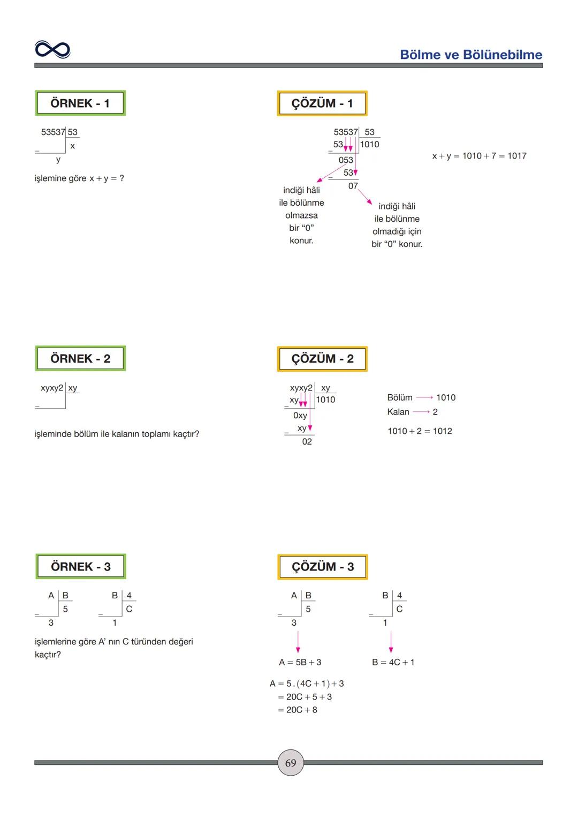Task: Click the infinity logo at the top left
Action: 52,50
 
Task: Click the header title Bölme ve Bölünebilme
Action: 471,55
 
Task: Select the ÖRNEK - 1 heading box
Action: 80,103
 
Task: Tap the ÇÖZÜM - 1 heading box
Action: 322,103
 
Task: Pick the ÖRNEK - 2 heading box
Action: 80,359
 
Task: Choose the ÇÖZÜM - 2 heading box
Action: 322,359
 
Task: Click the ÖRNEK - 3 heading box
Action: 81,567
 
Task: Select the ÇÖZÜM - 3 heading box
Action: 323,567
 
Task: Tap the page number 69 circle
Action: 291,763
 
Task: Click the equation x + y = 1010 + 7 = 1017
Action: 479,156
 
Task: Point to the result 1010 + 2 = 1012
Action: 420,431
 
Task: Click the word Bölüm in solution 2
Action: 400,397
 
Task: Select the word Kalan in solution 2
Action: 398,412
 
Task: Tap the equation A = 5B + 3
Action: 300,663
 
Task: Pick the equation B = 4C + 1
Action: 393,663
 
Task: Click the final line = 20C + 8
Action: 298,710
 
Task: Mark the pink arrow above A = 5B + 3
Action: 298,642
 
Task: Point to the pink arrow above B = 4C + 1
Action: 391,642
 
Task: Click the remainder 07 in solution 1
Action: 353,186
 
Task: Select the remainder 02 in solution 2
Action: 307,441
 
